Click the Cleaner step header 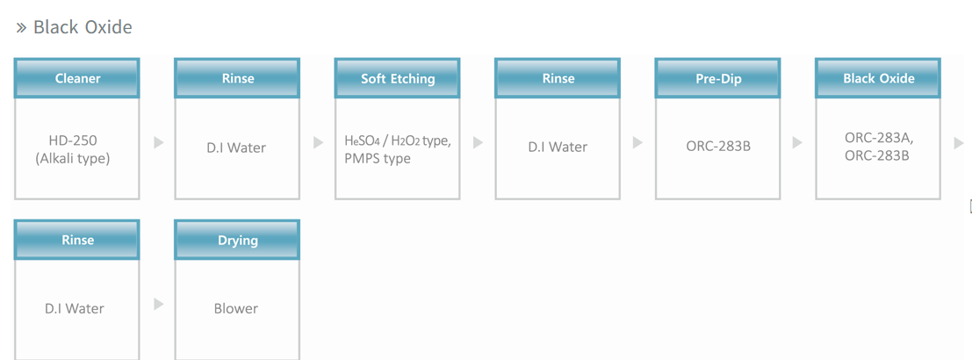coord(77,79)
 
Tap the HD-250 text coord(73,142)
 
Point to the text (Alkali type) coord(73,159)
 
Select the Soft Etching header coord(398,79)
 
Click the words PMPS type coord(377,159)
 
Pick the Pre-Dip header coord(718,79)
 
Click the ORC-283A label coord(879,138)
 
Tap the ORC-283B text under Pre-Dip coord(718,147)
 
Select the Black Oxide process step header coord(878,79)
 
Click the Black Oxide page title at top coord(83,27)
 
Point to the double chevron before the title coord(22,28)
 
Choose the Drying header coord(237,240)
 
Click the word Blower coord(236,308)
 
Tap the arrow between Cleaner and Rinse coord(159,142)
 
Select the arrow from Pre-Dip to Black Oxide coord(798,142)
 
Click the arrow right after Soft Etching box coord(478,142)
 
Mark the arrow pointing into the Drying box coord(159,304)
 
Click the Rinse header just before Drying coord(77,240)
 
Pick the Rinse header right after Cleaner coord(237,79)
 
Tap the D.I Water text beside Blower coord(75,308)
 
